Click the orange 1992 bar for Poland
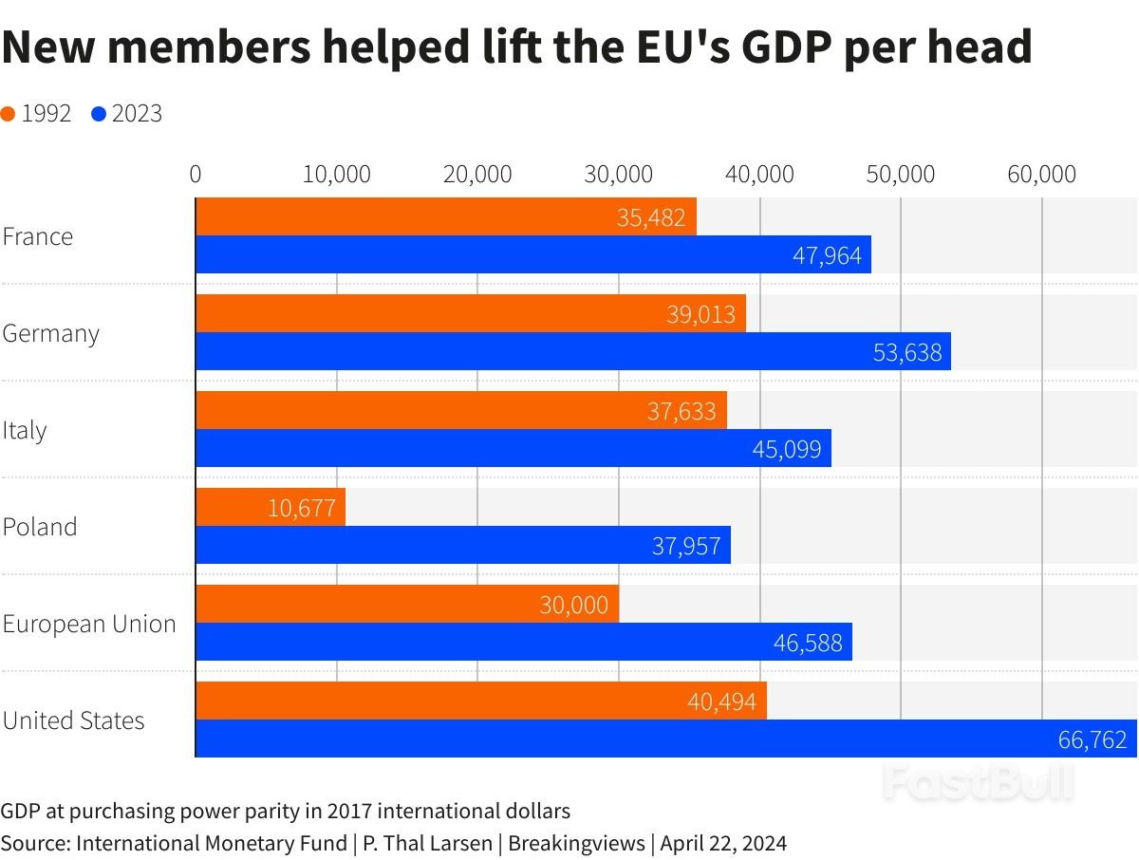[271, 507]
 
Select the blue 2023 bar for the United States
[664, 738]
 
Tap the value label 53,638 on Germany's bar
[907, 353]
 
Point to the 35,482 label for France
[651, 218]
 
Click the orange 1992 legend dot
[9, 115]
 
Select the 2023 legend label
[137, 114]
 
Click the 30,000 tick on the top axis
[619, 175]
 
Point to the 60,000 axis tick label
[1042, 175]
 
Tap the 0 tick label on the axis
[196, 175]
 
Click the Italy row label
[25, 430]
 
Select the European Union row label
[89, 624]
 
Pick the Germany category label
[51, 333]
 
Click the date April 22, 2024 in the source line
[723, 843]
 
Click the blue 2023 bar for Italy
[513, 448]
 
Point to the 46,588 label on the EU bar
[808, 643]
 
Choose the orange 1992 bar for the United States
[480, 701]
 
